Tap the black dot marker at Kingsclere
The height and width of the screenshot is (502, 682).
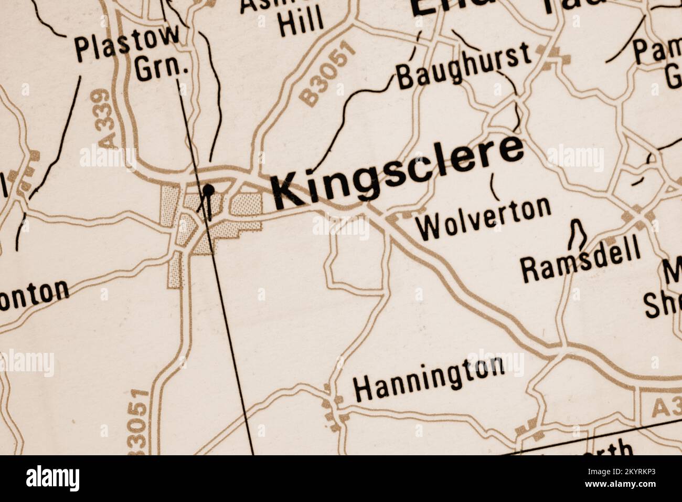(209, 190)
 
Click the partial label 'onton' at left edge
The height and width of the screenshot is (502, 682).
(35, 295)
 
